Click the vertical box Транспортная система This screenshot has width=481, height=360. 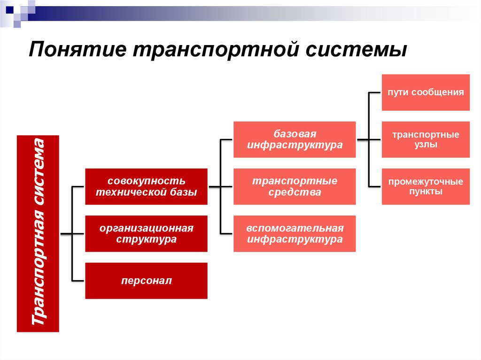click(x=38, y=233)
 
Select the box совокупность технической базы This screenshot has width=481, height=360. click(x=146, y=186)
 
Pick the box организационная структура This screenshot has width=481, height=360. click(x=146, y=233)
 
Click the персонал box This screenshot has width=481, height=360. click(x=146, y=281)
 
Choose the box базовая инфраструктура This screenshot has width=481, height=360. click(x=295, y=139)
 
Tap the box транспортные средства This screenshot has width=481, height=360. click(x=295, y=186)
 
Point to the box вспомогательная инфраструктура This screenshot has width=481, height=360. click(x=295, y=233)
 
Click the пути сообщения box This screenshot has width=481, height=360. click(x=426, y=92)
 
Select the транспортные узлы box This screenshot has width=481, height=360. click(x=426, y=139)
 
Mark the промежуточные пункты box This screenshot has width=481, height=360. click(x=426, y=186)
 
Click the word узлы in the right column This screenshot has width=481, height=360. click(x=426, y=145)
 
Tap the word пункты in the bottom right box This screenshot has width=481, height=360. click(x=426, y=192)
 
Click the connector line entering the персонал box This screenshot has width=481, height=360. click(x=78, y=281)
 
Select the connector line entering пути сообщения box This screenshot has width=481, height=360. click(x=375, y=92)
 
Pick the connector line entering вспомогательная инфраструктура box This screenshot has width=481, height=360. click(x=226, y=233)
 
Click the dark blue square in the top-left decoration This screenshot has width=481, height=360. click(x=9, y=8)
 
